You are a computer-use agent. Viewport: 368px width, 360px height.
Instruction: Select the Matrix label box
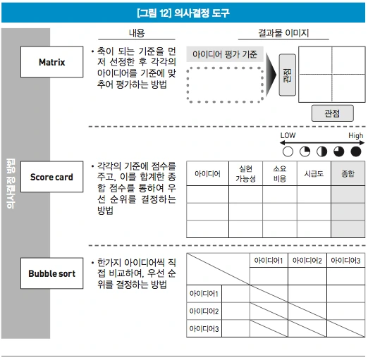click(x=51, y=62)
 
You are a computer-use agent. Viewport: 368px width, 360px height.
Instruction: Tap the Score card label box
click(x=51, y=177)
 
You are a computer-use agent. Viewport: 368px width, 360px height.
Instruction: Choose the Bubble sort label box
click(x=51, y=273)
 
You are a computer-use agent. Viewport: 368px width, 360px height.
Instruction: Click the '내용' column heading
click(x=136, y=33)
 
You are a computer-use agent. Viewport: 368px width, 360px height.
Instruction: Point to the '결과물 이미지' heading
click(x=283, y=33)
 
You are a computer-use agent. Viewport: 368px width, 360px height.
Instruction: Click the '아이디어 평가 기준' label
click(x=226, y=54)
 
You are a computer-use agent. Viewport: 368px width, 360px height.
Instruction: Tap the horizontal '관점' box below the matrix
click(x=331, y=112)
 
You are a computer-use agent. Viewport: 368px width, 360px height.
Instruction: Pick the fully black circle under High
click(x=356, y=151)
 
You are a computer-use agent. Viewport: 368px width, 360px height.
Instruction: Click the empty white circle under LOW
click(x=288, y=151)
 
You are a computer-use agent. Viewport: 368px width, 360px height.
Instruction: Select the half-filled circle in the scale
click(x=321, y=151)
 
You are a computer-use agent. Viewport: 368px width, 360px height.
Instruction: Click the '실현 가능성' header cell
click(x=246, y=173)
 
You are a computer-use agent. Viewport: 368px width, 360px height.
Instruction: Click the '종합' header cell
click(x=348, y=173)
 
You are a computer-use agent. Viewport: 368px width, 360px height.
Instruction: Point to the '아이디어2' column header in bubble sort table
click(x=307, y=261)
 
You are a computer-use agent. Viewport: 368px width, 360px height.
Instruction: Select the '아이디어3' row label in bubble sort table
click(x=204, y=329)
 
